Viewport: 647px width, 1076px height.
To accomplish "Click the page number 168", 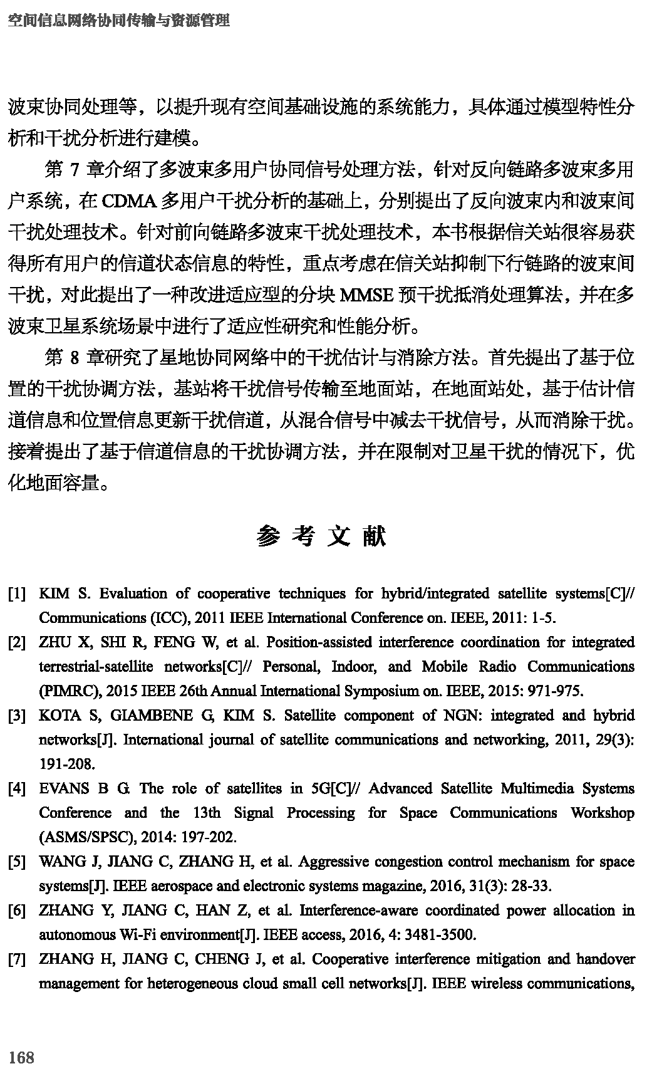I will coord(21,1057).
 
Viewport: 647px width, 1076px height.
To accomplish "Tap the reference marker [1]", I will coord(17,593).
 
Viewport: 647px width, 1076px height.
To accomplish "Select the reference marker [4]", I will coord(17,788).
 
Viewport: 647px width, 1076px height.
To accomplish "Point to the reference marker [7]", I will coord(17,959).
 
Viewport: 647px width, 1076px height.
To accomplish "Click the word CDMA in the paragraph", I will coord(128,202).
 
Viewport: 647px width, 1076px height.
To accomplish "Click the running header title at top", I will coord(119,21).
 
